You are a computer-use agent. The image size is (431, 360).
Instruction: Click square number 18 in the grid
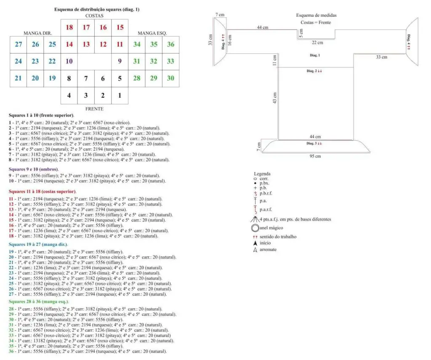[69, 28]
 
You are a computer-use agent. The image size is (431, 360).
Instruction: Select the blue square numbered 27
[19, 45]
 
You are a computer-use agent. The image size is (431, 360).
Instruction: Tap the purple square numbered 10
[69, 61]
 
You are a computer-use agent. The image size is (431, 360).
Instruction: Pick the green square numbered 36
[170, 45]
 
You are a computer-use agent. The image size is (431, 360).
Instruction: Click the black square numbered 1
[120, 96]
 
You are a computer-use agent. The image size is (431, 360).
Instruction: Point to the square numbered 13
[86, 45]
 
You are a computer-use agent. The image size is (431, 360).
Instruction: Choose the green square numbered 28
[137, 78]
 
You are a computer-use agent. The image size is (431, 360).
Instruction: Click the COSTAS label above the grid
[94, 16]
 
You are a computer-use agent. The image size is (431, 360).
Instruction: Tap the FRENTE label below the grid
[94, 108]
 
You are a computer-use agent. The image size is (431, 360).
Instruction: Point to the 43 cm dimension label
[275, 98]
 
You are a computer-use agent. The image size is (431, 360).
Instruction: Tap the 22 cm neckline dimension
[317, 43]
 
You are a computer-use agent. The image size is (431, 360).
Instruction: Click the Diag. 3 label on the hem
[314, 143]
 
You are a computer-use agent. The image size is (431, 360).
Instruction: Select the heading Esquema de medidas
[316, 15]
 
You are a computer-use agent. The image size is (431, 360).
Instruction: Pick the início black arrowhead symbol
[255, 243]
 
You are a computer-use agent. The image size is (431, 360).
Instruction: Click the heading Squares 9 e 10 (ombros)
[34, 169]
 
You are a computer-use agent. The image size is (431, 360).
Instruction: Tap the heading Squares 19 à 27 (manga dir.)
[38, 244]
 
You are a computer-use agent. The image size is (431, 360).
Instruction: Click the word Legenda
[262, 173]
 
